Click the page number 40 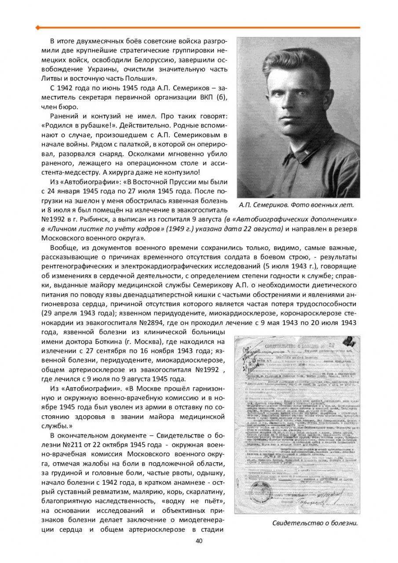[x=199, y=541]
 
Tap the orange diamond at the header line [x=38, y=28]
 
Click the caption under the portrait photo [x=296, y=205]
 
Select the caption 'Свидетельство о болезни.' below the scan [x=315, y=523]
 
